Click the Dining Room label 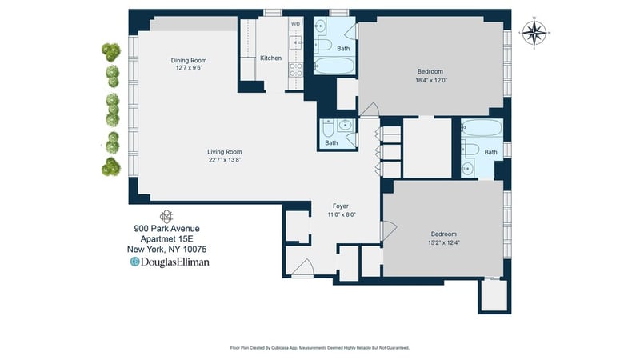[189, 61]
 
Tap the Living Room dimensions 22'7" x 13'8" [225, 160]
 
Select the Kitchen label [270, 58]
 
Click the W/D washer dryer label [295, 24]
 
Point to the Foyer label [341, 206]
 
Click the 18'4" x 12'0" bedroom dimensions [431, 81]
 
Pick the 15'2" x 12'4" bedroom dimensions [444, 242]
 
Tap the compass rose [534, 33]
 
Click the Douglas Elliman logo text [170, 262]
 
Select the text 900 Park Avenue [166, 229]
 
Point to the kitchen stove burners [296, 70]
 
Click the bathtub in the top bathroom [334, 66]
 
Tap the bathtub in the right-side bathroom [482, 128]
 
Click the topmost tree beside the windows [111, 52]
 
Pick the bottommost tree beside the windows [111, 167]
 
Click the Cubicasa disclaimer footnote [319, 348]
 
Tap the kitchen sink [296, 42]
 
